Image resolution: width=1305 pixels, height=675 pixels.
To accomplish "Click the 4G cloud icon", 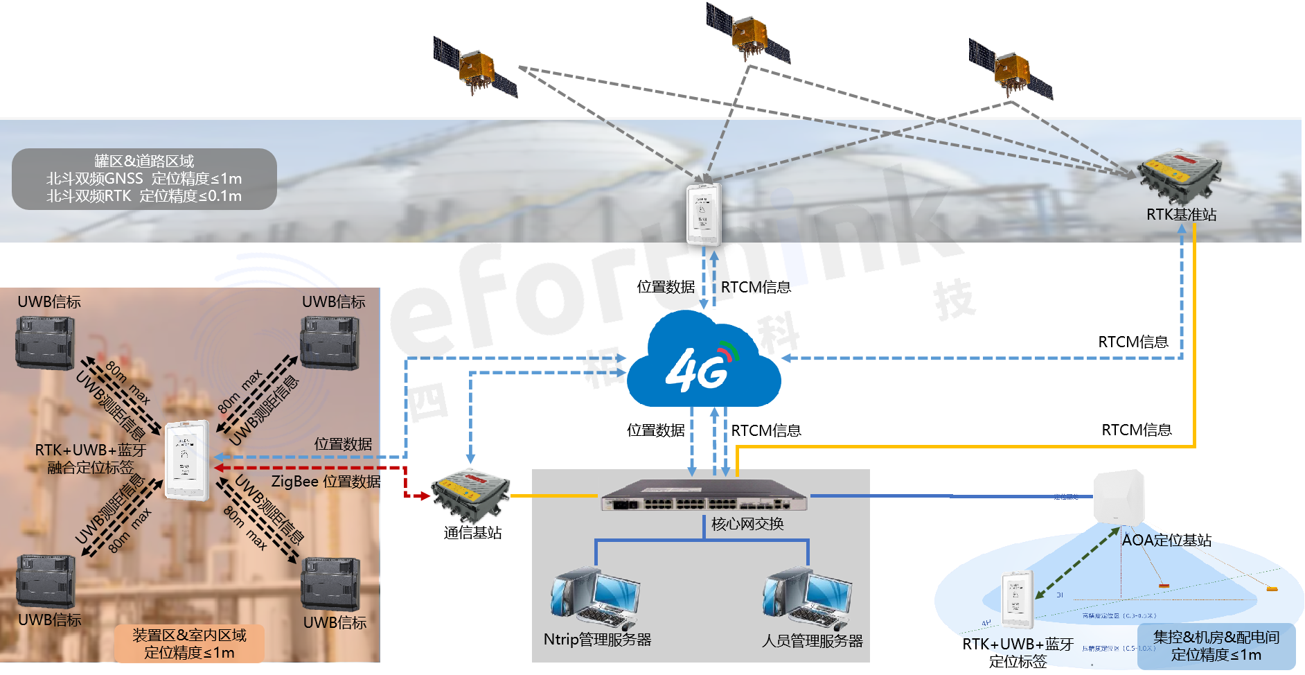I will click(703, 364).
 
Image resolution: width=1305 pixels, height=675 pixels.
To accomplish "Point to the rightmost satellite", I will click(1011, 69).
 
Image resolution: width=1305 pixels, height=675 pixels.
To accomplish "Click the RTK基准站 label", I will click(1181, 215).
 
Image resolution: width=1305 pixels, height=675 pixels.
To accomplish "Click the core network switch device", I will click(704, 496).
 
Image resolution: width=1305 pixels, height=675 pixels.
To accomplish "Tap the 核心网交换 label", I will click(747, 524).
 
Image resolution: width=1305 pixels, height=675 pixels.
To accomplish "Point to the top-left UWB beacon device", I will click(46, 342).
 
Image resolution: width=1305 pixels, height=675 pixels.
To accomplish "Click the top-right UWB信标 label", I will click(333, 302).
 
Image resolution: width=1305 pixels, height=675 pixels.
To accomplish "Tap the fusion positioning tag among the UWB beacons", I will click(188, 461).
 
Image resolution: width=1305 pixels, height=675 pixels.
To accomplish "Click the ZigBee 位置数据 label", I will click(326, 481).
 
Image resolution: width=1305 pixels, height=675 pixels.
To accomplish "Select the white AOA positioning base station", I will click(1119, 498).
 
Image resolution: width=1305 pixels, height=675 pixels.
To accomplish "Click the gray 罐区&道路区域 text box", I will click(144, 179).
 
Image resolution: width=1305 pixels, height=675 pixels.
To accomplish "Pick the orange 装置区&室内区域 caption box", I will click(189, 644).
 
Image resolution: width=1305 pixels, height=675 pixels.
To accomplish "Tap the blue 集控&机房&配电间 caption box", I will click(1216, 646).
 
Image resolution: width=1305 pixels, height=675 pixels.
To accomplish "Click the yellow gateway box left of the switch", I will click(471, 495).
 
